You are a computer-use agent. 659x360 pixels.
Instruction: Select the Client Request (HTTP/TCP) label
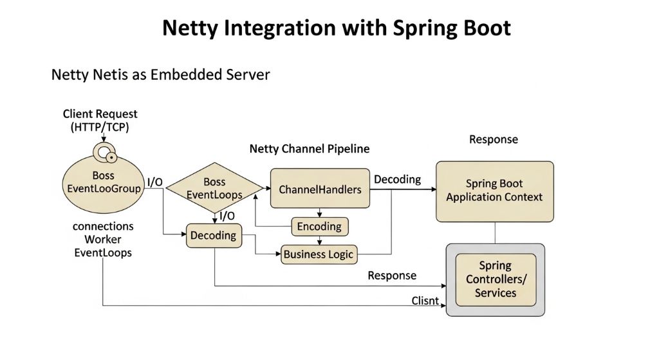[100, 120]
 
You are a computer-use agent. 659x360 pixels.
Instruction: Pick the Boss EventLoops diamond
[214, 188]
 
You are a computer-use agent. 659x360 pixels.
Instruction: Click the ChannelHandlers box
[320, 189]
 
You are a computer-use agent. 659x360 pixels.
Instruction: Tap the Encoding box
[319, 227]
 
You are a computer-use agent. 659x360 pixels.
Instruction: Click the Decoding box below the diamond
[213, 236]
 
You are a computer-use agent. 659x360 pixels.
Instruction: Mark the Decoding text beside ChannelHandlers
[398, 179]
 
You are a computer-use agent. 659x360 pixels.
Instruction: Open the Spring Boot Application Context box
[494, 191]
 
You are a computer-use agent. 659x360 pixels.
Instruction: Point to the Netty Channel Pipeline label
[310, 149]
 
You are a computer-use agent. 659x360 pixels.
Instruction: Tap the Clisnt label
[425, 301]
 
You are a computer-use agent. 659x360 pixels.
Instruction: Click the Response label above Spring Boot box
[493, 140]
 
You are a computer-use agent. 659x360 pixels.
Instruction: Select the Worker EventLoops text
[103, 246]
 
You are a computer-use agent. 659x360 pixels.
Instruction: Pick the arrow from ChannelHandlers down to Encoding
[320, 213]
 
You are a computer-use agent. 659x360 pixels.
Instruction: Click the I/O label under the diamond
[227, 216]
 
